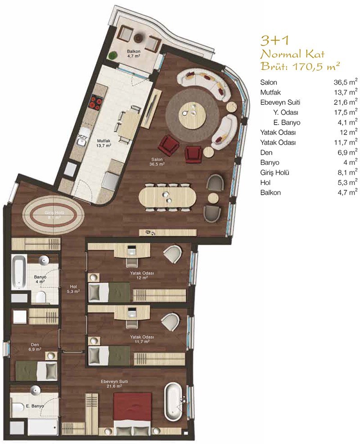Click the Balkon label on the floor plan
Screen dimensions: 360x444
click(x=134, y=54)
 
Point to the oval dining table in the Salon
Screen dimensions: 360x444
click(x=167, y=197)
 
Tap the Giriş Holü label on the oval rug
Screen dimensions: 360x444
click(x=53, y=215)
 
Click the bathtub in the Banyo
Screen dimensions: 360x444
click(x=19, y=272)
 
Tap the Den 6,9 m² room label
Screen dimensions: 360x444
click(x=35, y=347)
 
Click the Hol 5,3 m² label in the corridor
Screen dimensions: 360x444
click(x=73, y=289)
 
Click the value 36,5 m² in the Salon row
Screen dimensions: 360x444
click(x=345, y=82)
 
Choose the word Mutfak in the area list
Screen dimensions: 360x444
click(x=270, y=92)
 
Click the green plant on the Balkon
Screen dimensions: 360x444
click(x=113, y=55)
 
